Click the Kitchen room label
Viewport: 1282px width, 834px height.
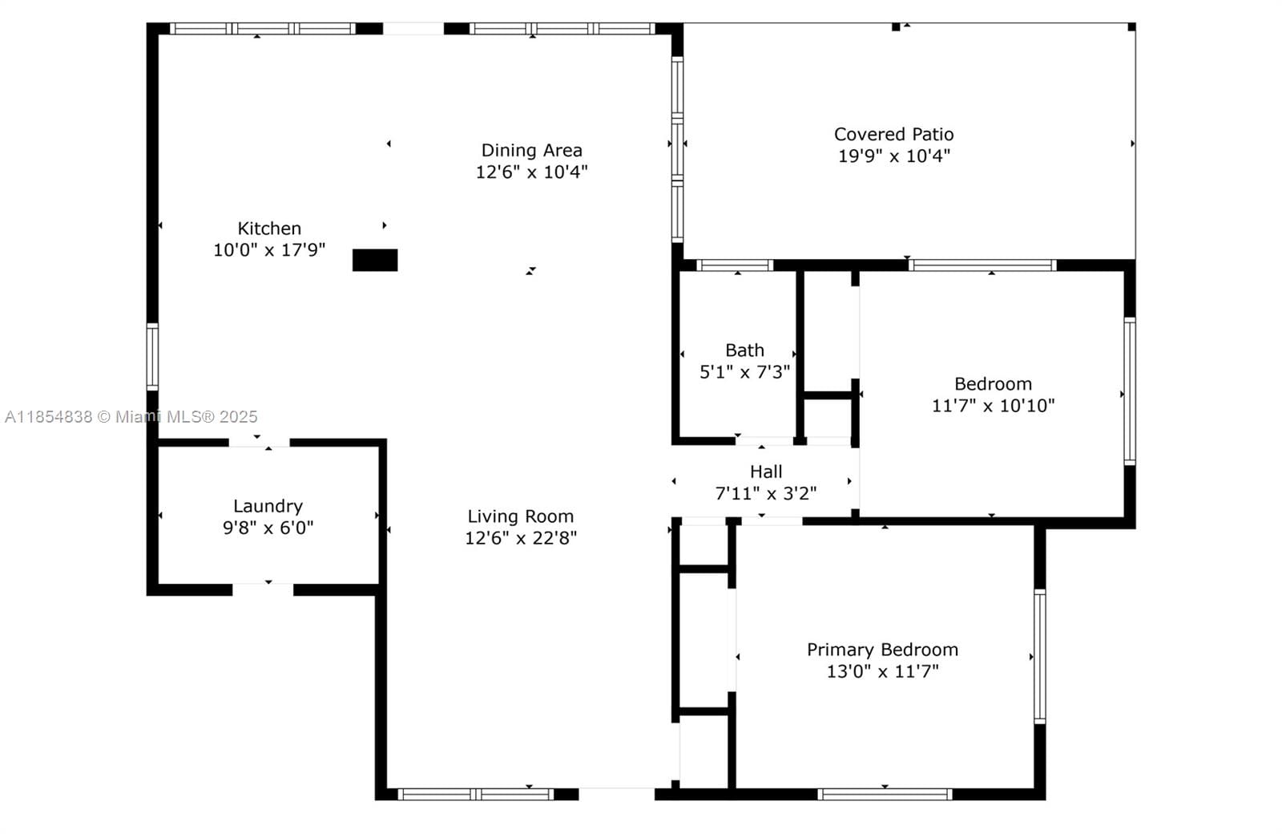point(269,229)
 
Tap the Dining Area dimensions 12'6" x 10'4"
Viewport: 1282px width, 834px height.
point(531,172)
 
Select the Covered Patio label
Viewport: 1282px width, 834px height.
point(893,134)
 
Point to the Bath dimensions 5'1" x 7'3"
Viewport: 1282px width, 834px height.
point(744,372)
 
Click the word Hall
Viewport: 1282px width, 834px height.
point(766,472)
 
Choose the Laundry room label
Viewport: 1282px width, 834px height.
point(268,506)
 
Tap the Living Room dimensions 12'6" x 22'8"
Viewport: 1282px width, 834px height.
point(521,538)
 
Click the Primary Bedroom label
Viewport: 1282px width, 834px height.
point(882,650)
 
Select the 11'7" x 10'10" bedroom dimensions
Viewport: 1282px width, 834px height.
point(993,406)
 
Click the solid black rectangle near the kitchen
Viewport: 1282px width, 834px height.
point(375,260)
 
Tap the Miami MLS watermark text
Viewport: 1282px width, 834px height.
point(131,417)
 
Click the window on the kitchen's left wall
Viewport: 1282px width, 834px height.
point(152,356)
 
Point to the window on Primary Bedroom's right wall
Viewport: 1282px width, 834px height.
point(1039,656)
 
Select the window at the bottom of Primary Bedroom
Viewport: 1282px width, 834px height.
point(885,794)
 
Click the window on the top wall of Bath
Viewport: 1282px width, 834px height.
point(735,265)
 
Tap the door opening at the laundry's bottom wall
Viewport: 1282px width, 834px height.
point(263,589)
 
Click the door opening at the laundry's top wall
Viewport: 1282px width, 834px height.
point(259,442)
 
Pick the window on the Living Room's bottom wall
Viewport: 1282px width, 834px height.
point(476,794)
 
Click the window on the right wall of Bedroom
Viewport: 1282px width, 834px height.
point(1129,391)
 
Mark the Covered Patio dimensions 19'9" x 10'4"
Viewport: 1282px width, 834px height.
point(893,156)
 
